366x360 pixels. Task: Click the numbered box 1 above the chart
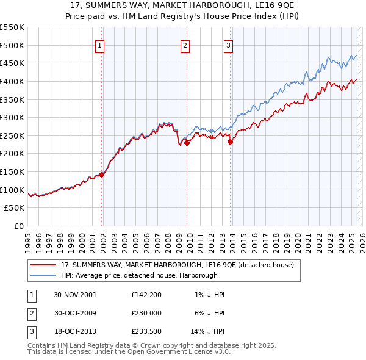[x=99, y=45]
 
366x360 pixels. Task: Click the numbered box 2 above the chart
[x=185, y=45]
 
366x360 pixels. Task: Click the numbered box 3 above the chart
[x=228, y=45]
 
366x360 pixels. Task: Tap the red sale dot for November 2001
[x=102, y=175]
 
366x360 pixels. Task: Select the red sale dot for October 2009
[x=187, y=143]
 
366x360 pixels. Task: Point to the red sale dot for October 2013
[x=230, y=142]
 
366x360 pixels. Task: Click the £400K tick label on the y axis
[x=12, y=81]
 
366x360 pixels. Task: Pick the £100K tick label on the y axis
[x=12, y=190]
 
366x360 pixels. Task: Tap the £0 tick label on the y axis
[x=18, y=226]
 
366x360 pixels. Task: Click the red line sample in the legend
[x=43, y=265]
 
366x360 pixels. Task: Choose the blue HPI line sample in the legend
[x=43, y=275]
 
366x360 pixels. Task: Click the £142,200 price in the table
[x=146, y=294]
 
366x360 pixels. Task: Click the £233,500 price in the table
[x=146, y=332]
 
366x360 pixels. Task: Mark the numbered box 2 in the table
[x=31, y=313]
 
